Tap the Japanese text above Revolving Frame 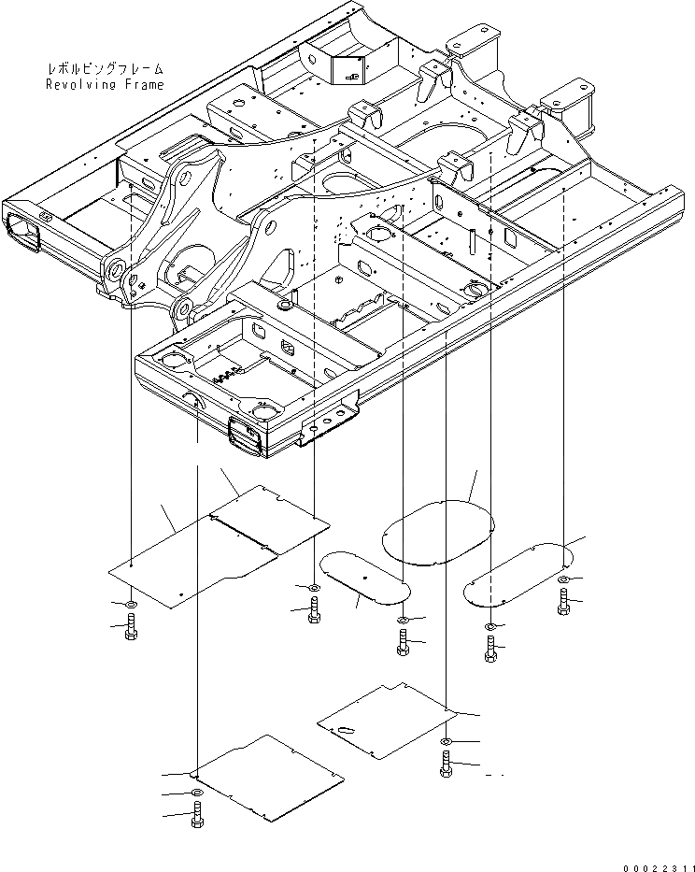click(x=104, y=69)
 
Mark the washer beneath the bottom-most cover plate click(x=196, y=793)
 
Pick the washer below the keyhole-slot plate click(x=446, y=741)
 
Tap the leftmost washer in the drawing click(x=130, y=604)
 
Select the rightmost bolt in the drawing click(x=563, y=603)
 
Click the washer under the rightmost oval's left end click(x=490, y=625)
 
